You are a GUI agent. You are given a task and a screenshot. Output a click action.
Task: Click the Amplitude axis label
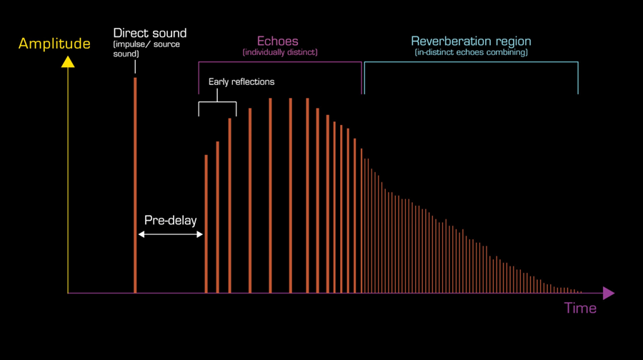pyautogui.click(x=54, y=44)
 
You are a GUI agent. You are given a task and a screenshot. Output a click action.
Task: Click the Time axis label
pyautogui.click(x=580, y=309)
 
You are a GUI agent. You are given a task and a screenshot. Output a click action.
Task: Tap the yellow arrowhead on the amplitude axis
pyautogui.click(x=68, y=62)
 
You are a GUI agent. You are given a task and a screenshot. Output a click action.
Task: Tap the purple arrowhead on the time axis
pyautogui.click(x=608, y=293)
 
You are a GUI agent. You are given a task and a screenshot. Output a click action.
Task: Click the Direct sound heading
pyautogui.click(x=150, y=33)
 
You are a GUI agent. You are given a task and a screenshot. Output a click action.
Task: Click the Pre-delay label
pyautogui.click(x=170, y=220)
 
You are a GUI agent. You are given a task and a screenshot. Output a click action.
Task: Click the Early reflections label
pyautogui.click(x=241, y=81)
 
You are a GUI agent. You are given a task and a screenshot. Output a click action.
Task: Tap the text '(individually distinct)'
pyautogui.click(x=280, y=53)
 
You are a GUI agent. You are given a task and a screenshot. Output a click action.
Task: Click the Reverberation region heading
pyautogui.click(x=471, y=41)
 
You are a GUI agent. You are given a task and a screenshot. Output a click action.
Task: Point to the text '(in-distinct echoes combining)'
pyautogui.click(x=471, y=53)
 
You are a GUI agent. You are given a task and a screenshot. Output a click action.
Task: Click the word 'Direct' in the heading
pyautogui.click(x=131, y=33)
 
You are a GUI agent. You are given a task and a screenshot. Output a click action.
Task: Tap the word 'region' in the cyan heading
pyautogui.click(x=512, y=41)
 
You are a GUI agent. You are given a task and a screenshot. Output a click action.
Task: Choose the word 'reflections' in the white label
pyautogui.click(x=252, y=81)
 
